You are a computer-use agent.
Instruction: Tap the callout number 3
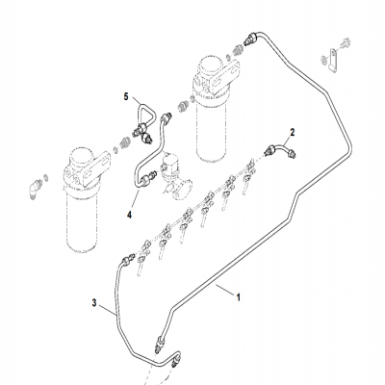point(94,305)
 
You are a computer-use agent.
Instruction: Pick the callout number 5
point(124,96)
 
